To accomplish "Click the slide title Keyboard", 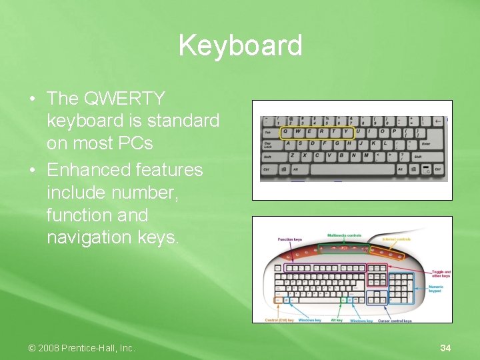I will coord(240,46).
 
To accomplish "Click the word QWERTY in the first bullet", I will coord(125,99).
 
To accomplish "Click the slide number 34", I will coord(445,348).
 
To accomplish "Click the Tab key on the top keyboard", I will coord(268,132).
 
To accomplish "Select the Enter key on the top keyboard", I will coord(426,143).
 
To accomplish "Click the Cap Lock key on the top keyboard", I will coord(269,144).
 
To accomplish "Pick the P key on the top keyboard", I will coord(395,131).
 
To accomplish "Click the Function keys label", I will coord(290,239).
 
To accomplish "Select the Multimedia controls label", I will coord(345,235).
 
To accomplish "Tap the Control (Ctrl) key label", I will coord(279,321).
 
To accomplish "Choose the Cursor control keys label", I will coord(395,321).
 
